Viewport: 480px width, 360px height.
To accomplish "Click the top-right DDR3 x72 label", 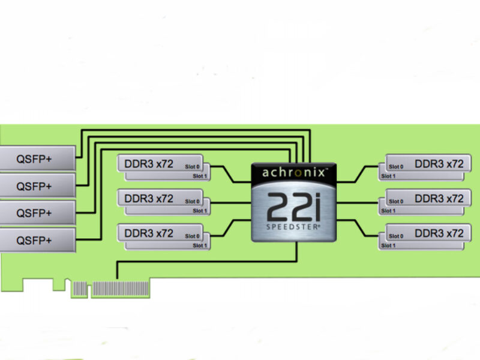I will click(439, 163).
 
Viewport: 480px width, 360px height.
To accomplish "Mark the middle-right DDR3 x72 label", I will click(439, 198).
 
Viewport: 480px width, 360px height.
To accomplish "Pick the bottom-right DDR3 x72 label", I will click(439, 233).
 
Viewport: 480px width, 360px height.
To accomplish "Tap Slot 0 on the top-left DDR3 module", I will click(193, 166).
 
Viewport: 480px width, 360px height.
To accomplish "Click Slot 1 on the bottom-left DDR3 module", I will click(200, 245).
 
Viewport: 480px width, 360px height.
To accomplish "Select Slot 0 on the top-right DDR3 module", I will click(396, 166).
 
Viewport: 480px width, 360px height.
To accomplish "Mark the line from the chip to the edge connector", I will click(204, 261).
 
